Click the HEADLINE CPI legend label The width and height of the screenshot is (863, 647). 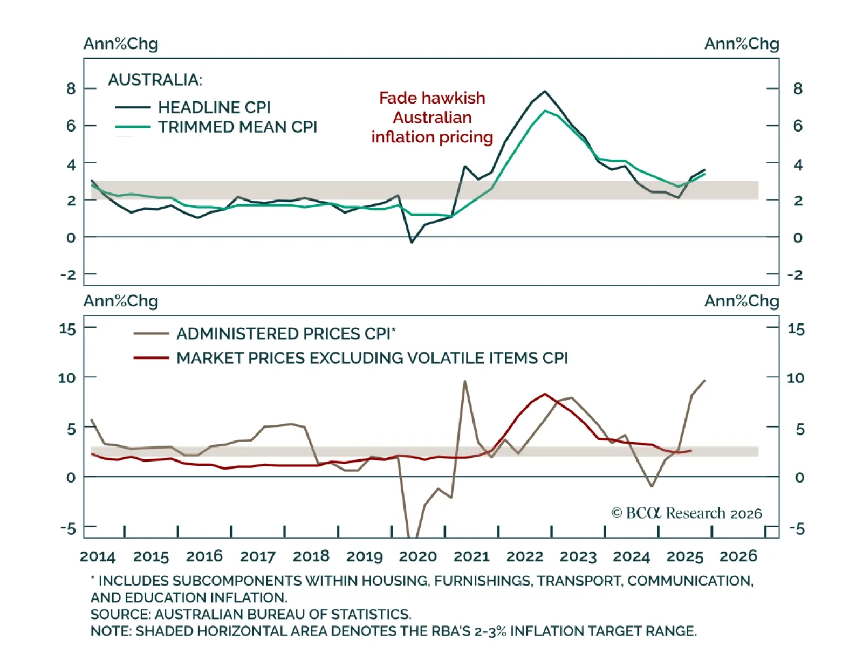214,107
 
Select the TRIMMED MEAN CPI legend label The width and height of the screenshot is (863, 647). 237,127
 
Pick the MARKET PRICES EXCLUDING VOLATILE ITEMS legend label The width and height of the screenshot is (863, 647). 372,358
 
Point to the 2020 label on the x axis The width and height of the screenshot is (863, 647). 418,556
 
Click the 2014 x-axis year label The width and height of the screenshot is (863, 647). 98,556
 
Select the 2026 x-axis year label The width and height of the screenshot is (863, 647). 738,556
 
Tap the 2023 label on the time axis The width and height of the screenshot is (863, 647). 578,556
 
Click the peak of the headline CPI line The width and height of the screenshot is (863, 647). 545,91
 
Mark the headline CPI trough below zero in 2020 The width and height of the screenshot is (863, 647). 412,242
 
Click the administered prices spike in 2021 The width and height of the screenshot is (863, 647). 465,381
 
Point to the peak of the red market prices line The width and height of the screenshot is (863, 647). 545,394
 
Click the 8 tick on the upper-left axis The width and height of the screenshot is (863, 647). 71,88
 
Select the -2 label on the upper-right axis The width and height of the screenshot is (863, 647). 795,275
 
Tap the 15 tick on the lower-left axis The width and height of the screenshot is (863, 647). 67,328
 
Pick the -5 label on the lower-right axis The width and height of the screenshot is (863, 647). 797,528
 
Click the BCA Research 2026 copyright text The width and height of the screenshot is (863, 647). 686,513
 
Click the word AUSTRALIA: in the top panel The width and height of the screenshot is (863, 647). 155,80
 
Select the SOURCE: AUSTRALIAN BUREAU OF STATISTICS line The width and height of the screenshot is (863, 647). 251,614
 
